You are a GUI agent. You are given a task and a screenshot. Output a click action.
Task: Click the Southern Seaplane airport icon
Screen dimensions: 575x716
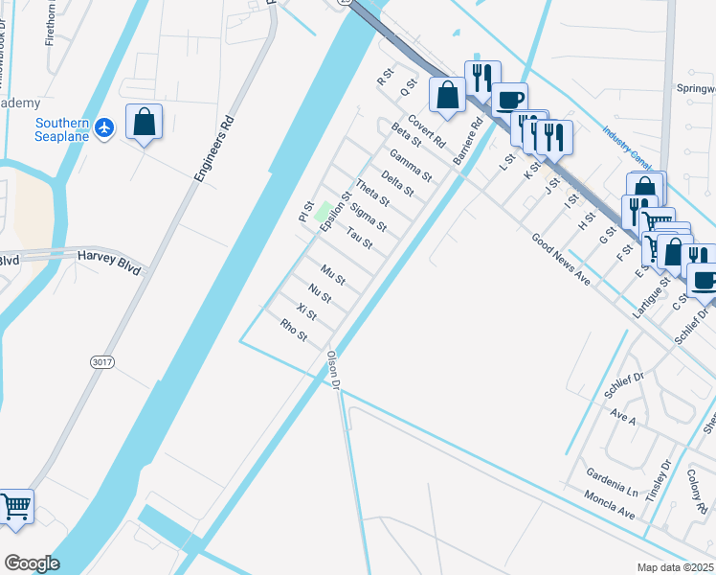coord(105,126)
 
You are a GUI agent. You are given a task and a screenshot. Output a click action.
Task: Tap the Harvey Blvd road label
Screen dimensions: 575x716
coord(109,259)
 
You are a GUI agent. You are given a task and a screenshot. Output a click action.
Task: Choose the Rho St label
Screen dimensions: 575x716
coord(294,331)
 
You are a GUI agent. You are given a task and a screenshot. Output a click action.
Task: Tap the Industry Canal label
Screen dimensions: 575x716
coord(627,146)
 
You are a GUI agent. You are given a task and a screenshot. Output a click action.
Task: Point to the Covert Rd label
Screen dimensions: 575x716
coord(427,131)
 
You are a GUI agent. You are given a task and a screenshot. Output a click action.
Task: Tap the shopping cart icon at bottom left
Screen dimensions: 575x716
coord(15,505)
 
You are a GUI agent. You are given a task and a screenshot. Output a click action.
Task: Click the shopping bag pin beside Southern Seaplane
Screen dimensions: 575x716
coord(144,123)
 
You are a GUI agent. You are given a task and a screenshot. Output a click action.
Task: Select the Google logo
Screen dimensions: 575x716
coord(32,563)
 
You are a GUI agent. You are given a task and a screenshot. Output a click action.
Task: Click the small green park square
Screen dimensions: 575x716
coord(324,210)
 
